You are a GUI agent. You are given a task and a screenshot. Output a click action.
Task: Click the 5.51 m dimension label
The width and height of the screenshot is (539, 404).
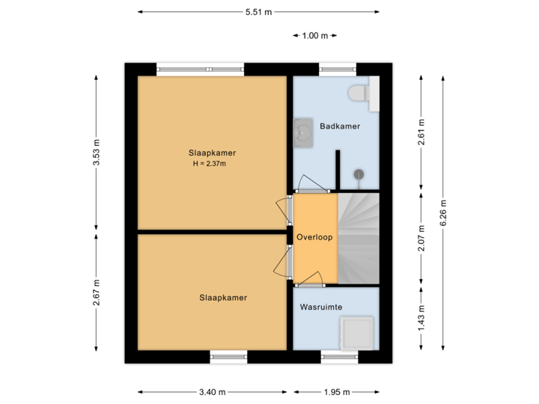click(258, 12)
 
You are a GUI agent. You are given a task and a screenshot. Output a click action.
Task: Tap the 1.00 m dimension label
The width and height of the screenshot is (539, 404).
click(315, 35)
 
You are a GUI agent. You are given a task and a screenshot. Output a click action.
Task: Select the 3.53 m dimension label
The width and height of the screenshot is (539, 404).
click(97, 154)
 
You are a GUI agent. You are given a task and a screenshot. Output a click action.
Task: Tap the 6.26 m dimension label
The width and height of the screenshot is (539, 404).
click(443, 212)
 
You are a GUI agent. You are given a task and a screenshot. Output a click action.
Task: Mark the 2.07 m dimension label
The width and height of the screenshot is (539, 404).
click(421, 239)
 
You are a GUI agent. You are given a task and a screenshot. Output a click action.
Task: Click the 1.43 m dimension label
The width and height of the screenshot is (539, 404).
click(421, 319)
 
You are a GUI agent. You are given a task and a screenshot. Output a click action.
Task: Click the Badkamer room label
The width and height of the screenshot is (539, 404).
click(339, 126)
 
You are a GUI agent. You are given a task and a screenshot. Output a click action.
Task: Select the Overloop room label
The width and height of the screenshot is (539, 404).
click(314, 236)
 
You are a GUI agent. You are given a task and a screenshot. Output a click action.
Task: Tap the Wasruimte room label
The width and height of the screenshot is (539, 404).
click(321, 307)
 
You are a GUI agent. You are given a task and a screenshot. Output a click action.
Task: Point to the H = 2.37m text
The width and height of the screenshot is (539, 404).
click(209, 164)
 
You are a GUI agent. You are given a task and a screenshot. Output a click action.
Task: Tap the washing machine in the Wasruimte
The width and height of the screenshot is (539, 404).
click(356, 332)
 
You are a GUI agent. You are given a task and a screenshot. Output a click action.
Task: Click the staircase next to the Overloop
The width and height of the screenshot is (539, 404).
click(359, 238)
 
